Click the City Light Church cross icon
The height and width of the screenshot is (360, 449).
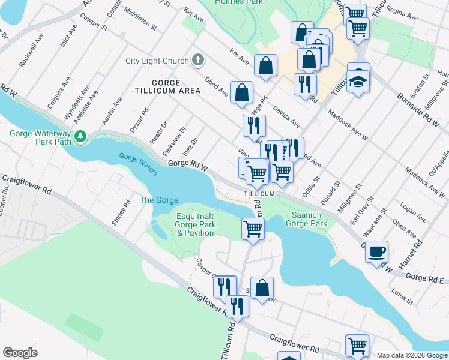click(199, 61)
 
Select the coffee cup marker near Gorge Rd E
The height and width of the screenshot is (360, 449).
click(376, 252)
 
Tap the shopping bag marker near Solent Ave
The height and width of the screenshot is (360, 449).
click(262, 288)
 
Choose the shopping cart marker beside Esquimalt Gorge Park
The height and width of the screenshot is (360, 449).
click(253, 229)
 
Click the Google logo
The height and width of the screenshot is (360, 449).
click(20, 353)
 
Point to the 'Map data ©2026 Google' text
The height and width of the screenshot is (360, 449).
click(411, 355)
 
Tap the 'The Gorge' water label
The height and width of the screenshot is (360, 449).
click(155, 200)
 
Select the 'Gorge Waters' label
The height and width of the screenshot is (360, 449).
click(138, 164)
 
